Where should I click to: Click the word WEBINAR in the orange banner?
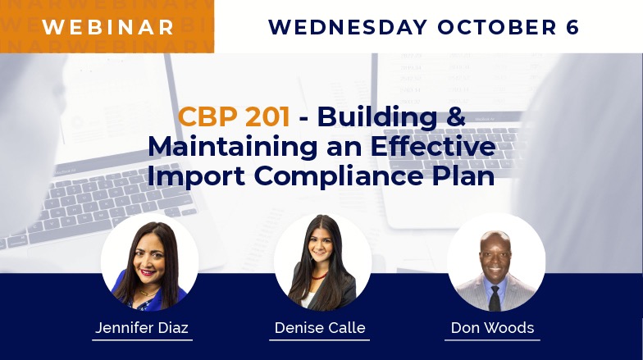(108, 26)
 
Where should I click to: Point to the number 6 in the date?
(572, 26)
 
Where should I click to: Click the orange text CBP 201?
(234, 117)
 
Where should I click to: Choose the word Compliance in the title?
(339, 176)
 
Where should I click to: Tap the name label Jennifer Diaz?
(142, 328)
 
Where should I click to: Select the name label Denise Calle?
(321, 328)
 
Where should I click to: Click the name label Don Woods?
(491, 328)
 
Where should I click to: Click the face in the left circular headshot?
(148, 262)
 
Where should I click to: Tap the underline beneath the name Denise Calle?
(321, 339)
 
